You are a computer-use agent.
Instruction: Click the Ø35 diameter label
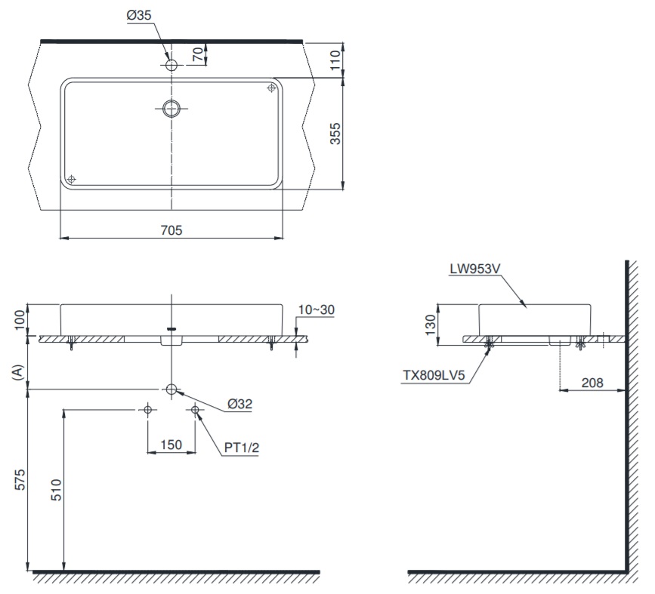coord(141,14)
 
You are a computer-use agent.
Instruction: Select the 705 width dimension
coord(171,230)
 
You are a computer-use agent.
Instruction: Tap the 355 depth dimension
coord(336,134)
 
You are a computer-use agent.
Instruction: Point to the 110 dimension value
coord(336,59)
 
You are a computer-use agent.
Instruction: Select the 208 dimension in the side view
coord(592,383)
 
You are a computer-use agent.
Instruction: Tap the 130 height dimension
coord(430,325)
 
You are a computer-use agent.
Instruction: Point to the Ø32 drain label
coord(239,404)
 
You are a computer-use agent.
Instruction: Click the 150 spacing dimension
coord(171,445)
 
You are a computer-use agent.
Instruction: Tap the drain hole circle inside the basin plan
coord(172,108)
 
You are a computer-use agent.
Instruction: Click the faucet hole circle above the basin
coord(172,66)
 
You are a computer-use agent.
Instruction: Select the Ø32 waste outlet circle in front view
coord(172,389)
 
